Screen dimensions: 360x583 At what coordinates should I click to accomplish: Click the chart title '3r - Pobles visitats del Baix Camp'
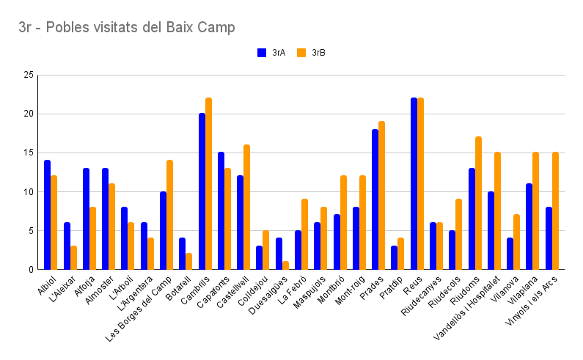(127, 28)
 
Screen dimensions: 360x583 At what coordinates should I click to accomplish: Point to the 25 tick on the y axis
(29, 75)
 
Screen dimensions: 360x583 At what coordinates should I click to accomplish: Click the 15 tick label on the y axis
(29, 153)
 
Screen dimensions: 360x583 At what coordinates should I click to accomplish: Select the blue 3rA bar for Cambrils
(202, 191)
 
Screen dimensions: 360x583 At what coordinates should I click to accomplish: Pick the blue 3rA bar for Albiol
(47, 215)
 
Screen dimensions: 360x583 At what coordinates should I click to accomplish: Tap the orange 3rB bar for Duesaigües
(285, 265)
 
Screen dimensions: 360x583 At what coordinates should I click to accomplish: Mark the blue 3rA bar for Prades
(375, 199)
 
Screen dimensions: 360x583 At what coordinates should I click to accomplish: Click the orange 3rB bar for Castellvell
(247, 207)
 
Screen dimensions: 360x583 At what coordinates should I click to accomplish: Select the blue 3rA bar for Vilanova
(510, 254)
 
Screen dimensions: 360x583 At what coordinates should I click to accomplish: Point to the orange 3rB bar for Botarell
(189, 262)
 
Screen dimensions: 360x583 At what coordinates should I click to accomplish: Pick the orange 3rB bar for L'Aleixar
(73, 257)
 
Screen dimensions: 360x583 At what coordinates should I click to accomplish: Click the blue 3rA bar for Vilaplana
(529, 227)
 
